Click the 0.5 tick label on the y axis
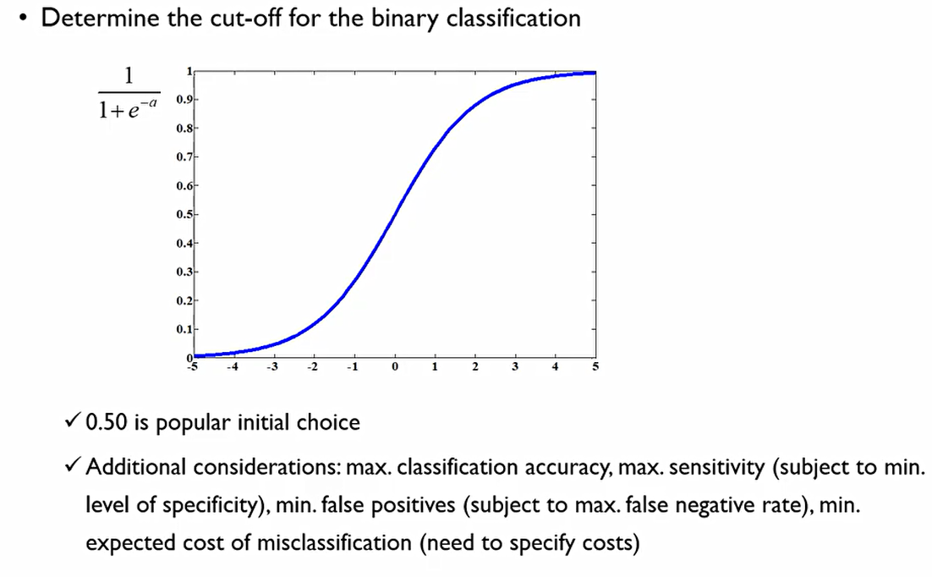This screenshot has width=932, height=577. (x=183, y=214)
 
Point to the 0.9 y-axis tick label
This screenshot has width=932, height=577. (x=183, y=100)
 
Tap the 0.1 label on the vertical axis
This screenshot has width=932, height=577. (x=183, y=329)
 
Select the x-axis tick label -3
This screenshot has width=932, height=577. (x=271, y=368)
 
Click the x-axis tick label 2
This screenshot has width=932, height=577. (x=475, y=368)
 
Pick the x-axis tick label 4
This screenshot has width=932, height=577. (x=555, y=368)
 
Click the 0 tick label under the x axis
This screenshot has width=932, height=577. (x=395, y=368)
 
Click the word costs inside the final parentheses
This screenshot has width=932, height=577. (x=601, y=542)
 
